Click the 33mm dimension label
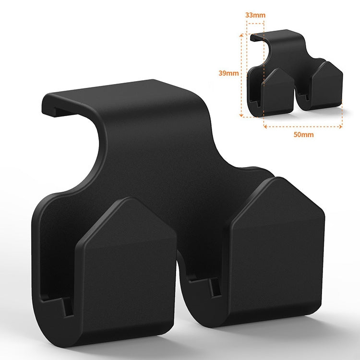(x=255, y=15)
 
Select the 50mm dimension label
(x=303, y=134)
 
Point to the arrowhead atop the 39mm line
(x=240, y=35)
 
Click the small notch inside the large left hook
(x=67, y=308)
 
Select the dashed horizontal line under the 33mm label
(x=255, y=25)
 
